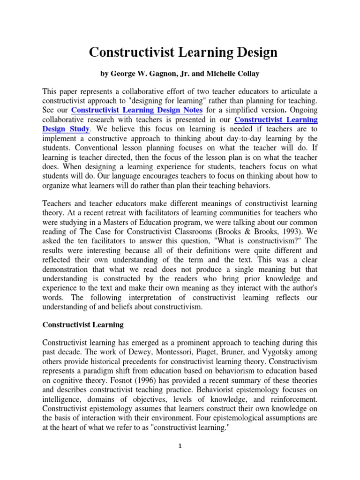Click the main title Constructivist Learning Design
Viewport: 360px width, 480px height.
pos(183,52)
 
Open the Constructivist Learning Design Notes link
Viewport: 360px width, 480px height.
pos(137,110)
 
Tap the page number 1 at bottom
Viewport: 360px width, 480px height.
pos(180,446)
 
